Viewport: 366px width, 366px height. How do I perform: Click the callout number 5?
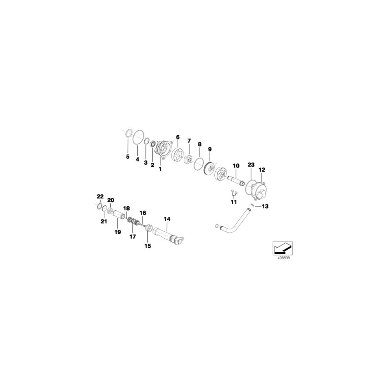pyautogui.click(x=128, y=157)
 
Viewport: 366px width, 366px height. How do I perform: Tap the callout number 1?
pyautogui.click(x=160, y=169)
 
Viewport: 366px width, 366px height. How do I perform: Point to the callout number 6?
pyautogui.click(x=178, y=137)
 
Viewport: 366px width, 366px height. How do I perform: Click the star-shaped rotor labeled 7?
pyautogui.click(x=189, y=160)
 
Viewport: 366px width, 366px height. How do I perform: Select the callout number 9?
pyautogui.click(x=209, y=149)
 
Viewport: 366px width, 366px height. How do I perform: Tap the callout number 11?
pyautogui.click(x=234, y=202)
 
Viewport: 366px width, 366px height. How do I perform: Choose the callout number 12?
pyautogui.click(x=262, y=170)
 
